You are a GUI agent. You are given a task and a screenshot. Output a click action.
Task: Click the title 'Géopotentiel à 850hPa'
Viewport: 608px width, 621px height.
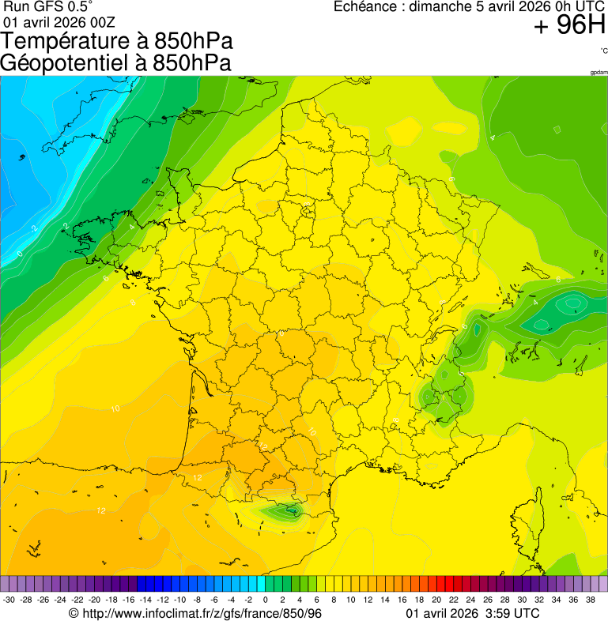(115, 63)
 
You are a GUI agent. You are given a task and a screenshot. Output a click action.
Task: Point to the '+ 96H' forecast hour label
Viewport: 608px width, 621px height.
(569, 26)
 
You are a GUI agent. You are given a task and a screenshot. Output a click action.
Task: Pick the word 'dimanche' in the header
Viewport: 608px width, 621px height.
(443, 7)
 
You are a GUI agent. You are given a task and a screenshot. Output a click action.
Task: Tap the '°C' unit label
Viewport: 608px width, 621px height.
(603, 51)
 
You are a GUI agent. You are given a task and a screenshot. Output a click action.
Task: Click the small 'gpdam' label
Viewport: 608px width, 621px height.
(599, 73)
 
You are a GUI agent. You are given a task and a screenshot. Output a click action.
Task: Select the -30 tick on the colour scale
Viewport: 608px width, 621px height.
(9, 600)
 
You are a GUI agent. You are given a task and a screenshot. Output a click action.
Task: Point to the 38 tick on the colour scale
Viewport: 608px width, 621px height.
(590, 600)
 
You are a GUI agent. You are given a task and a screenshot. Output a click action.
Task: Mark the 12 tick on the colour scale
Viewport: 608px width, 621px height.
(368, 600)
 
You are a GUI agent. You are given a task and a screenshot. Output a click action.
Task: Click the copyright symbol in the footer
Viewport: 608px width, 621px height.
(74, 613)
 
